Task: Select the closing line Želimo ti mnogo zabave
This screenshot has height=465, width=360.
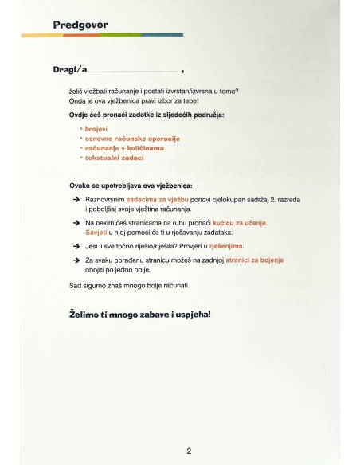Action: tap(141, 315)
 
